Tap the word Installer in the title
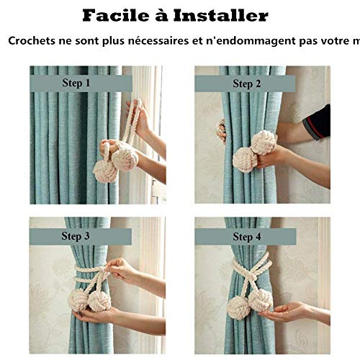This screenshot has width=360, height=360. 220,16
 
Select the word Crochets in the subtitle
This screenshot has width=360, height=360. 32,41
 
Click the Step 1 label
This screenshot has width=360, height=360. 76,83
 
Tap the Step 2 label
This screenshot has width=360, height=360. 247,84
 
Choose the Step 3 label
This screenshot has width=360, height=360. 76,236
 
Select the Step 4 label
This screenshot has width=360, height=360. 247,237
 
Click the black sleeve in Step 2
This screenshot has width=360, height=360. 318,122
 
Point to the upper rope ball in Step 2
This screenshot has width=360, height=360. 264,143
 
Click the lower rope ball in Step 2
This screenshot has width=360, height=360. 245,160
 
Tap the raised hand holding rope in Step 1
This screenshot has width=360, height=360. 139,118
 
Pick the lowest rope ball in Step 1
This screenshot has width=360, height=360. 105,171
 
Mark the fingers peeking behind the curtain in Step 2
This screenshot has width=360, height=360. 221,131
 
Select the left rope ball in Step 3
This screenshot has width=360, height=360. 78,300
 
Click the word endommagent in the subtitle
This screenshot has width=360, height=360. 251,41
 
